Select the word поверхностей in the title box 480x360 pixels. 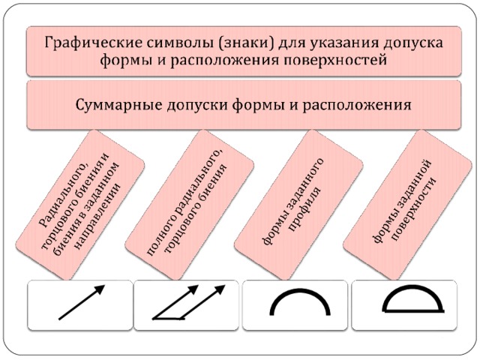[x=334, y=60]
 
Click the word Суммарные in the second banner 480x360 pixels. [x=118, y=105]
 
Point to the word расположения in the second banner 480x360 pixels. [x=357, y=106]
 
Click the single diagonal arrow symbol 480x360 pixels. [x=82, y=302]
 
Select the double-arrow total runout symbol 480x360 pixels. [x=188, y=302]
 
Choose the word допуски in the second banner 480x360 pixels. [x=197, y=106]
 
